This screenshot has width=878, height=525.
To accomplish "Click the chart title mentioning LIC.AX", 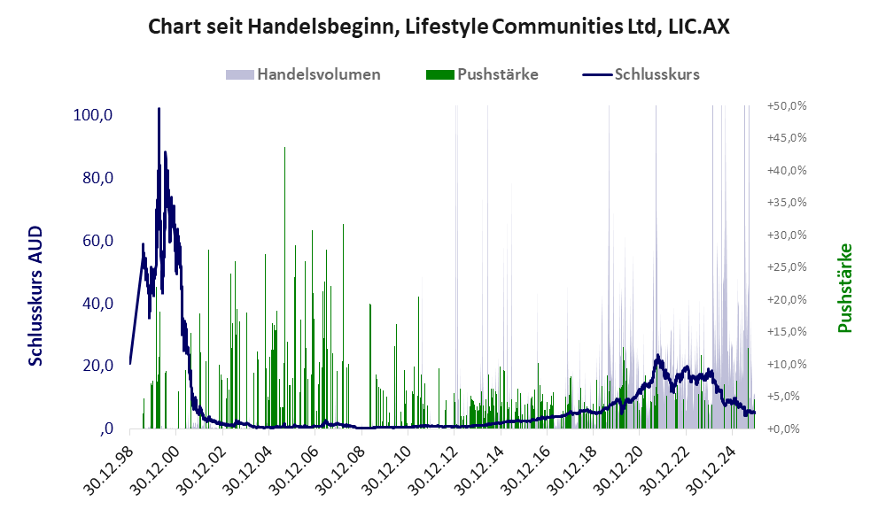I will pos(439,27).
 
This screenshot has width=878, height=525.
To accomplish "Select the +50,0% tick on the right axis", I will pos(787,105).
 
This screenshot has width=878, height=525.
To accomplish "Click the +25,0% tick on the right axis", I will pos(787,266).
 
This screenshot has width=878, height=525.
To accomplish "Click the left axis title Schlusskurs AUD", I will pos(35,296).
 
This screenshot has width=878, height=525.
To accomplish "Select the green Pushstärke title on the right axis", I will pos(844,288).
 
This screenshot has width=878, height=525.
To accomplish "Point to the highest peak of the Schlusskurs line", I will pos(159,109).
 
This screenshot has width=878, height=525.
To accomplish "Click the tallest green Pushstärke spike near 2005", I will pos(284,148).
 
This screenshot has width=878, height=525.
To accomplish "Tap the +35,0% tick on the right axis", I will pos(787,202).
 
